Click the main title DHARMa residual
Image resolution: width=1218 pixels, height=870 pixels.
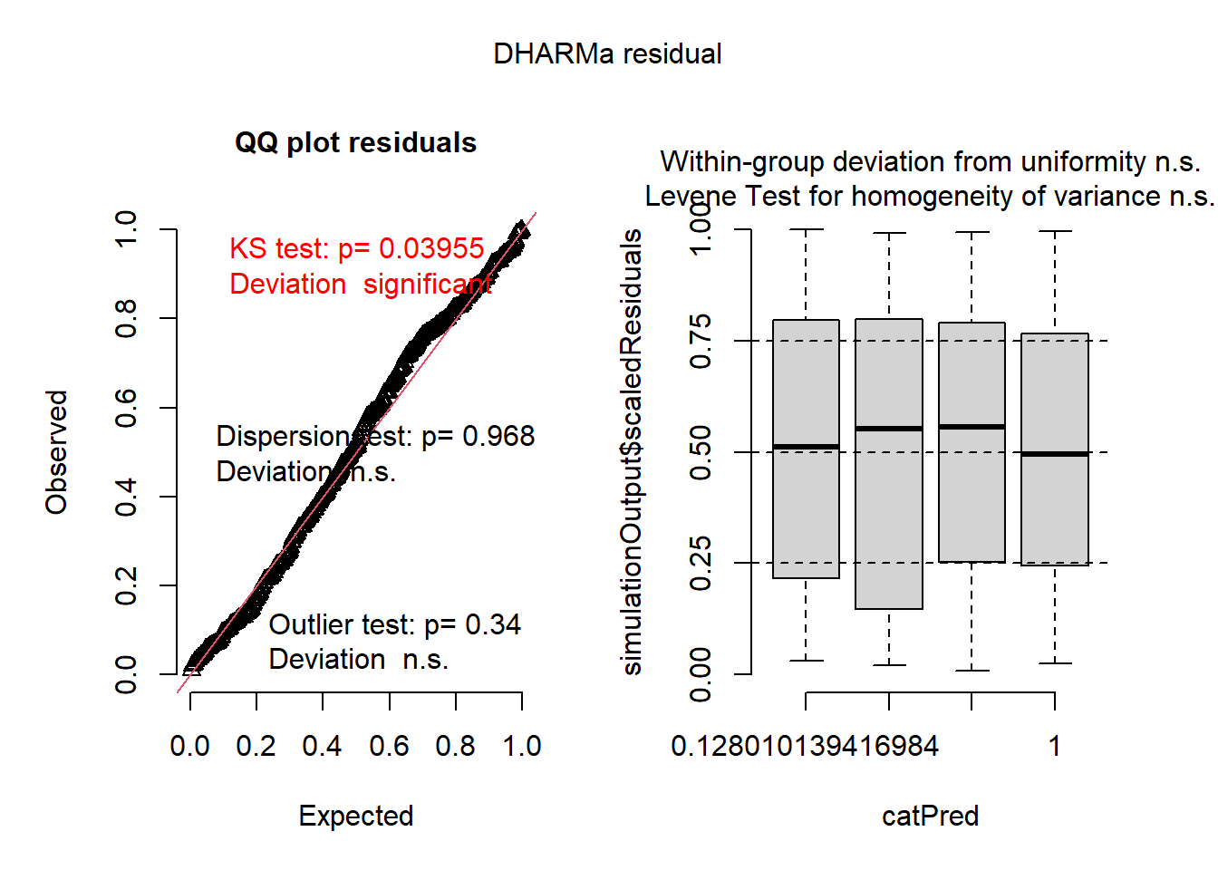pyautogui.click(x=607, y=54)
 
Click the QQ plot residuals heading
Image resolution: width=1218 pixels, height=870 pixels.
pyautogui.click(x=355, y=143)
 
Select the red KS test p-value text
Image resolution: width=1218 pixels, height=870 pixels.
pyautogui.click(x=356, y=248)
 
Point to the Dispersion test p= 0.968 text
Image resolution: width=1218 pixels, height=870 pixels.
pyautogui.click(x=375, y=437)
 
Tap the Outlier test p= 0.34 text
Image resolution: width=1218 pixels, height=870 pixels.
pyautogui.click(x=394, y=624)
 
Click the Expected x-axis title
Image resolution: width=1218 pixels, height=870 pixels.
pyautogui.click(x=356, y=816)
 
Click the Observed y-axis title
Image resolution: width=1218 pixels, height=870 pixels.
pyautogui.click(x=57, y=452)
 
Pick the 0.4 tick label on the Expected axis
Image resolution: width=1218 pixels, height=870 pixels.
pyautogui.click(x=323, y=746)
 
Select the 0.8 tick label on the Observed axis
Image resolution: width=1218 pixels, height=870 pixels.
pyautogui.click(x=126, y=318)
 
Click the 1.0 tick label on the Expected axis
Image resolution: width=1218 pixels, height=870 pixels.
pyautogui.click(x=522, y=746)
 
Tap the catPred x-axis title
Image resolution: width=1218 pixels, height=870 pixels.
pyautogui.click(x=930, y=816)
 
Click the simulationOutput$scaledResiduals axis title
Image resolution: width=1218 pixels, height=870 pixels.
pyautogui.click(x=632, y=452)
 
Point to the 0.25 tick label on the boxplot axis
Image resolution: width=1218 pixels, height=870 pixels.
pyautogui.click(x=701, y=563)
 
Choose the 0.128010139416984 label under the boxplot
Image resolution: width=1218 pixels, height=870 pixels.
pyautogui.click(x=805, y=746)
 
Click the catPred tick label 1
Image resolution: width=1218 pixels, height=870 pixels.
pyautogui.click(x=1055, y=746)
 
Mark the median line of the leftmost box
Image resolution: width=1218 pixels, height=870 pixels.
pyautogui.click(x=806, y=447)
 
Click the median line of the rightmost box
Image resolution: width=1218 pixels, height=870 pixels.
pyautogui.click(x=1055, y=453)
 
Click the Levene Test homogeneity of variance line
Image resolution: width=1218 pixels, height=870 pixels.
pyautogui.click(x=929, y=197)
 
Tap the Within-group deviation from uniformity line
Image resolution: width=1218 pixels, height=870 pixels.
pyautogui.click(x=930, y=162)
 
